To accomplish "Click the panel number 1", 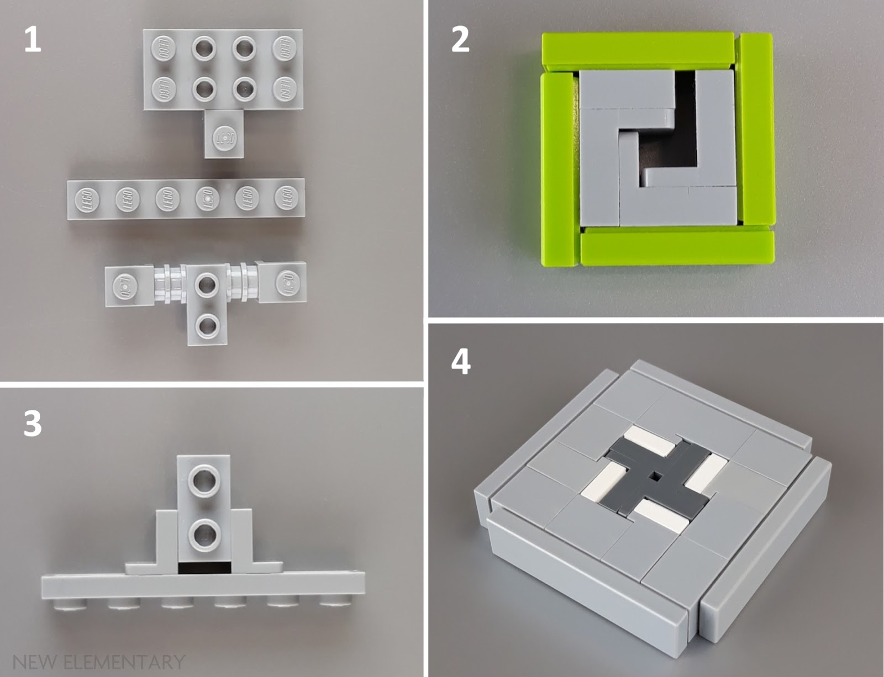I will pos(33,39).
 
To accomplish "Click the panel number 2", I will pos(460,39).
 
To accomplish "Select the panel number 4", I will pos(461,362).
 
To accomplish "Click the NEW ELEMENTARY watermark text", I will pos(98,661).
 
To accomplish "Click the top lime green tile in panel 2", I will pos(638,50).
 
